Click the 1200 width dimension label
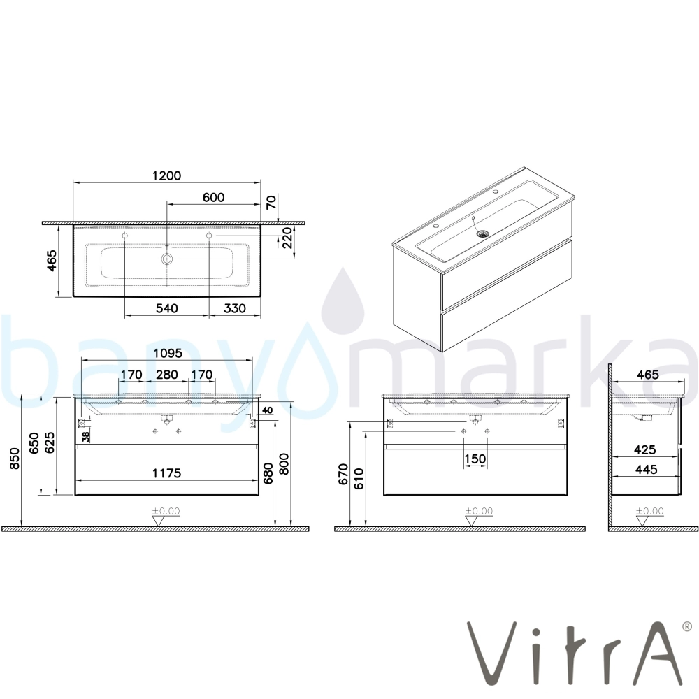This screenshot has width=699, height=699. tap(167, 175)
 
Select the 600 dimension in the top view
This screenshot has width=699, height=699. tap(213, 198)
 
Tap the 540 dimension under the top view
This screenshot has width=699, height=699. tap(167, 308)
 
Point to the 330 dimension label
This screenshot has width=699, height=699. tap(234, 308)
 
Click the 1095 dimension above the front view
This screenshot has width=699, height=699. tap(167, 353)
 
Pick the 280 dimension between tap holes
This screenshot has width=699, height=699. tap(167, 375)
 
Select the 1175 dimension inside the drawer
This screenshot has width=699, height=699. tap(167, 473)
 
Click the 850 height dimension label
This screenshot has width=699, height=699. tap(14, 459)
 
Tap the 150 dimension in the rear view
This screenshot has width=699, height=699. tap(475, 459)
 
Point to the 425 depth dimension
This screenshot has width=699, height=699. tap(646, 449)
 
